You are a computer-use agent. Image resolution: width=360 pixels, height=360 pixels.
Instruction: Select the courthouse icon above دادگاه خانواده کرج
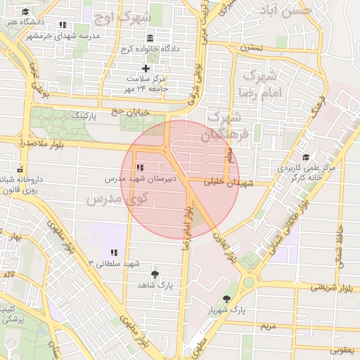149,38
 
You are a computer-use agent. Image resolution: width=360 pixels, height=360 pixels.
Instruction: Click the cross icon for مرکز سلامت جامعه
146,68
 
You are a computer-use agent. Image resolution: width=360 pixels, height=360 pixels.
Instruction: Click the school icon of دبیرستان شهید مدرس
140,167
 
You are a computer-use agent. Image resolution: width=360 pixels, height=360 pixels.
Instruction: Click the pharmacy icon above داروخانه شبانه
19,169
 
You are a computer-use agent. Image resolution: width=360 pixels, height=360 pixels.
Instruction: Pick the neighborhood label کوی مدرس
115,199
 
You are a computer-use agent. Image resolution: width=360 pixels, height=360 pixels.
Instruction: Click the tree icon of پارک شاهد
155,274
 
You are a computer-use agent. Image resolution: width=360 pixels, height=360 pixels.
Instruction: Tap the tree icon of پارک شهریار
226,300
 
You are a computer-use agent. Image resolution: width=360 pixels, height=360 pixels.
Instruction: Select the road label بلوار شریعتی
324,287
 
